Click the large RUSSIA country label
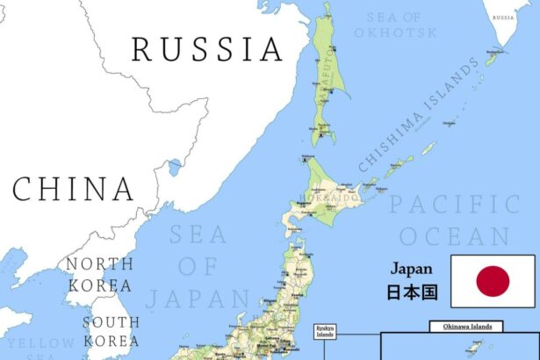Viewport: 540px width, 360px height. pos(208,49)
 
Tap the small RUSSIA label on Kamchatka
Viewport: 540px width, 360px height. pos(503,18)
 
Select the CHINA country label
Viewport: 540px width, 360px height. pos(74,189)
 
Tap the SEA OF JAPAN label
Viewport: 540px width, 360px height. pos(198,266)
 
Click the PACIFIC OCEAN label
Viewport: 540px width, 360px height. pos(455,220)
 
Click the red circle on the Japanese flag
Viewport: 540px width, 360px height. pos(493,281)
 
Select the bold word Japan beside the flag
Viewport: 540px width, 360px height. pos(412,270)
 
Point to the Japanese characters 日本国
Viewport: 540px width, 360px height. pos(412,292)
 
